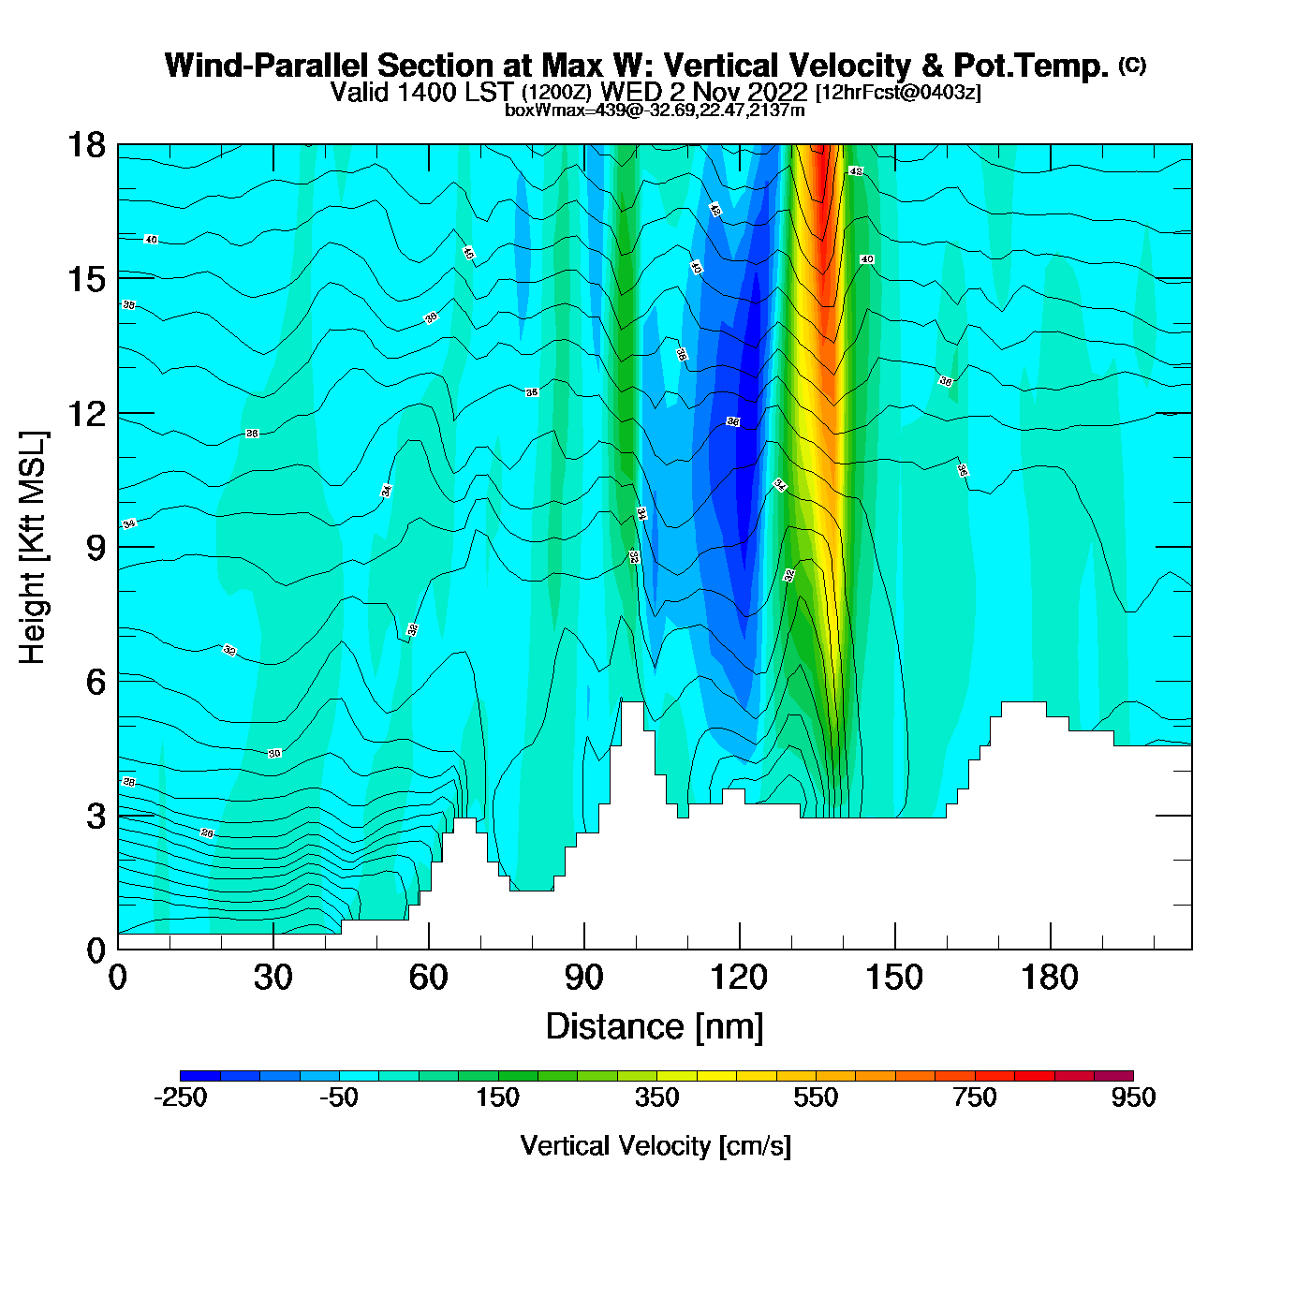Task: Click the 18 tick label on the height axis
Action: pyautogui.click(x=85, y=145)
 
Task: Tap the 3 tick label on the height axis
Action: pyautogui.click(x=96, y=817)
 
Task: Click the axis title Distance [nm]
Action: pyautogui.click(x=655, y=1027)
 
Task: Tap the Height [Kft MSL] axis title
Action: pyautogui.click(x=33, y=548)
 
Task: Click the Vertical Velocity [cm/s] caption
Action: pyautogui.click(x=655, y=1146)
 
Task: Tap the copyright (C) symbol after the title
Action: pyautogui.click(x=1131, y=65)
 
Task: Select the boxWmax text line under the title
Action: pyautogui.click(x=655, y=110)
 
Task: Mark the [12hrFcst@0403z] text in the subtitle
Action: pyautogui.click(x=898, y=93)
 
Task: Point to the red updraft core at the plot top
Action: pyautogui.click(x=821, y=173)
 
